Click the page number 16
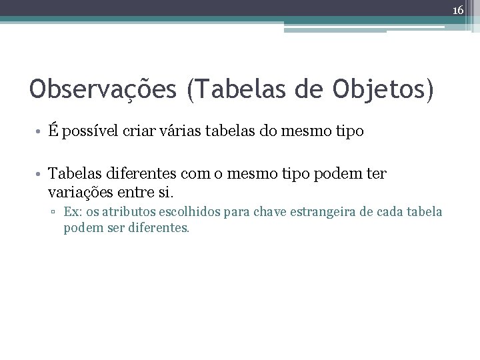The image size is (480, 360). point(459,10)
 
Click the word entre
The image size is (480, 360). point(137,192)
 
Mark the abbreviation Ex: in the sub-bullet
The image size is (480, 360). point(73,213)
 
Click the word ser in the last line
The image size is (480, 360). point(107,228)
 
